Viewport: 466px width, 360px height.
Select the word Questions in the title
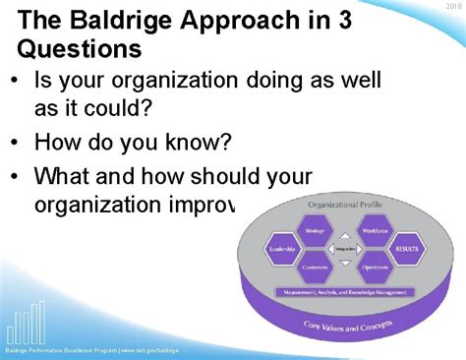[79, 49]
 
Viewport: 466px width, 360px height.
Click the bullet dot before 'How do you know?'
[18, 144]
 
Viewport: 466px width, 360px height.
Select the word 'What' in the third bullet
[63, 177]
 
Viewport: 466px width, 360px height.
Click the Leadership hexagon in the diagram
[282, 250]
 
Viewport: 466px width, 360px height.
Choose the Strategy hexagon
[315, 232]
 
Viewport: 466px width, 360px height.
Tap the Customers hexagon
[315, 268]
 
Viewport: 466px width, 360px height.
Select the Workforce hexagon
[375, 232]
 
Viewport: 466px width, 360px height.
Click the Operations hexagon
[375, 268]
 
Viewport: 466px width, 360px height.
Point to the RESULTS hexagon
[406, 250]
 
